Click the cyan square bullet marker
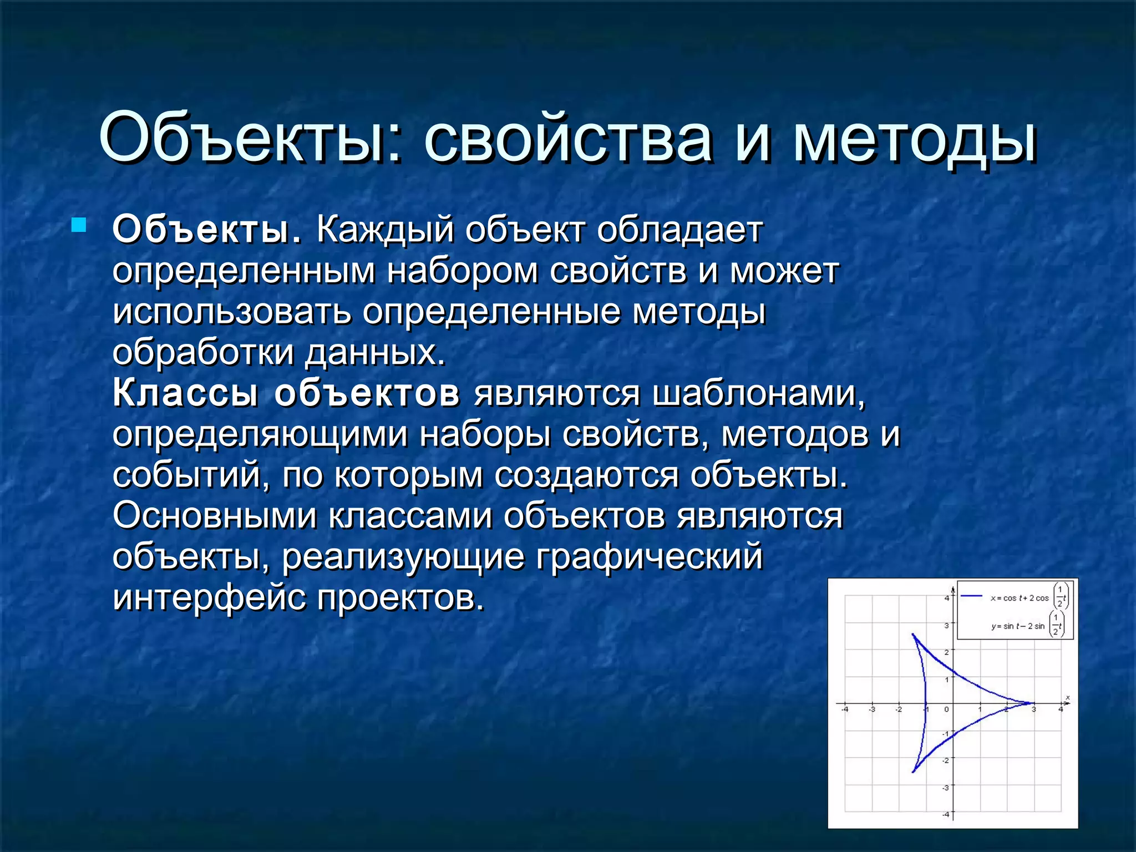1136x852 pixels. point(79,225)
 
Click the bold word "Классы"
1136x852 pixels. point(185,393)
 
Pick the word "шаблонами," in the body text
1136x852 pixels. point(758,393)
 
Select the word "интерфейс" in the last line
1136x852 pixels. point(209,597)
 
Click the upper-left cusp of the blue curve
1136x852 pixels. point(913,635)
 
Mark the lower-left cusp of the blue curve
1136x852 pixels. point(913,772)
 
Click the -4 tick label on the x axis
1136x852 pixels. point(845,709)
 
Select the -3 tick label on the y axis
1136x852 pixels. point(946,787)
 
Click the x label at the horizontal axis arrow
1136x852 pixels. point(1068,697)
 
